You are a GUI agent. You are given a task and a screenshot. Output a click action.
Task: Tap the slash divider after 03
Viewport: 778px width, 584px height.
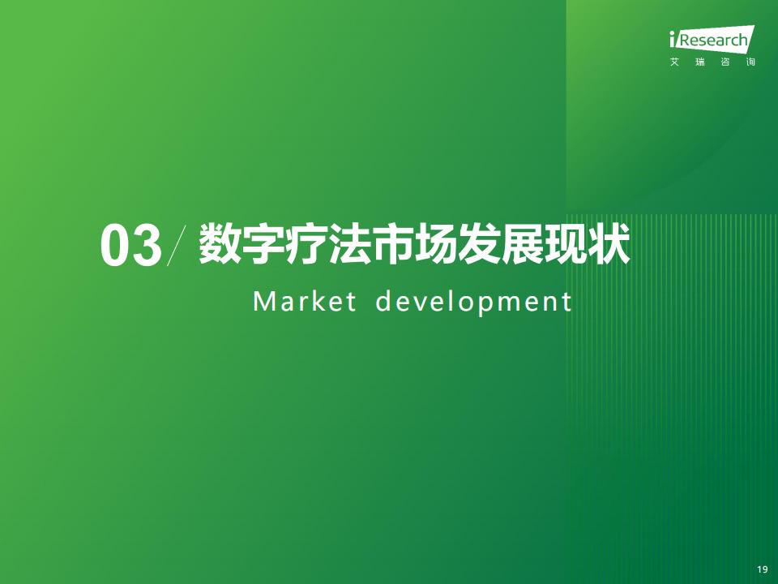(177, 246)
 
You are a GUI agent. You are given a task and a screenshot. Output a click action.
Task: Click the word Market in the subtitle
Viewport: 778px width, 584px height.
(305, 302)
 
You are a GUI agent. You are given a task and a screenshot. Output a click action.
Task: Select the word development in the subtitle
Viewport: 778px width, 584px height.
(474, 303)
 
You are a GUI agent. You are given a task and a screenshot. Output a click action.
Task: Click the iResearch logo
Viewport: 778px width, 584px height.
(712, 38)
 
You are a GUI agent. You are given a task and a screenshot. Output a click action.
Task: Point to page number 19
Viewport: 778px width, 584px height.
(763, 569)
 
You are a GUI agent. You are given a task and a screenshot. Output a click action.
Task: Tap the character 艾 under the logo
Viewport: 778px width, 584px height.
(674, 62)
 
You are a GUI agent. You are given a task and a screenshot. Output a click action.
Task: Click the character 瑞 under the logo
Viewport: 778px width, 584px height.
(700, 62)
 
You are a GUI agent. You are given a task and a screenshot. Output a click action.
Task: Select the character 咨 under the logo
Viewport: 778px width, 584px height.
(725, 62)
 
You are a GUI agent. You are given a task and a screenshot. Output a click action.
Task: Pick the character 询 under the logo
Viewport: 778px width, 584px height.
(750, 62)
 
